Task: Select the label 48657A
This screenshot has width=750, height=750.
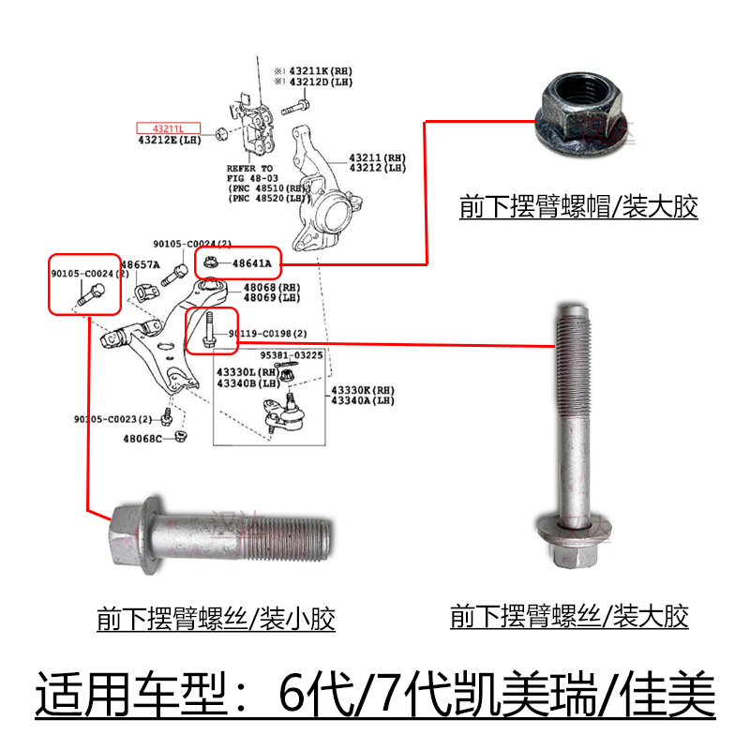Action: coord(139,265)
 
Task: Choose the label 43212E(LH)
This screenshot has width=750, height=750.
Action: coord(169,141)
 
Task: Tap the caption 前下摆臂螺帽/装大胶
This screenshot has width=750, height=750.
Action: coord(578,206)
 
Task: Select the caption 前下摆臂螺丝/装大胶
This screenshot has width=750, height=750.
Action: coord(569,616)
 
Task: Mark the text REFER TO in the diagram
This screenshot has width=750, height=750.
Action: coord(249,167)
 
